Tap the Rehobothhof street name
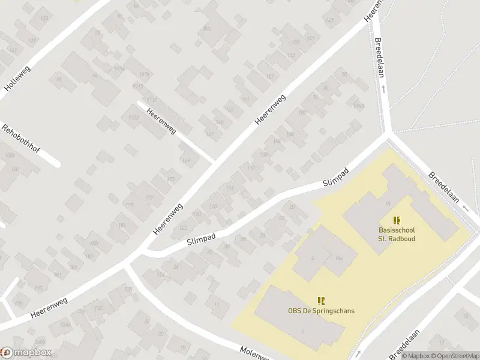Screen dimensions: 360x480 pyautogui.click(x=21, y=138)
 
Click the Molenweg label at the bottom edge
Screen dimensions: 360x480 pyautogui.click(x=256, y=353)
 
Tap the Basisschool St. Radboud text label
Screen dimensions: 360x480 pyautogui.click(x=397, y=234)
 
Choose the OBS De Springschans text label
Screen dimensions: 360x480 pyautogui.click(x=321, y=310)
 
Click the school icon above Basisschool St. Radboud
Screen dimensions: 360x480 pyautogui.click(x=397, y=220)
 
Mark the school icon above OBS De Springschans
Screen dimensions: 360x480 pyautogui.click(x=321, y=299)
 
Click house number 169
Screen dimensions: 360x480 pyautogui.click(x=186, y=160)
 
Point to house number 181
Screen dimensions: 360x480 pyautogui.click(x=122, y=226)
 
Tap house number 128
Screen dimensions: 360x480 pyautogui.click(x=128, y=289)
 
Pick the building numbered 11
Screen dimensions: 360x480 pyautogui.click(x=217, y=305)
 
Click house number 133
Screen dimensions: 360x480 pyautogui.click(x=43, y=18)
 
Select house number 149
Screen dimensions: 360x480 pyautogui.click(x=310, y=39)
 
